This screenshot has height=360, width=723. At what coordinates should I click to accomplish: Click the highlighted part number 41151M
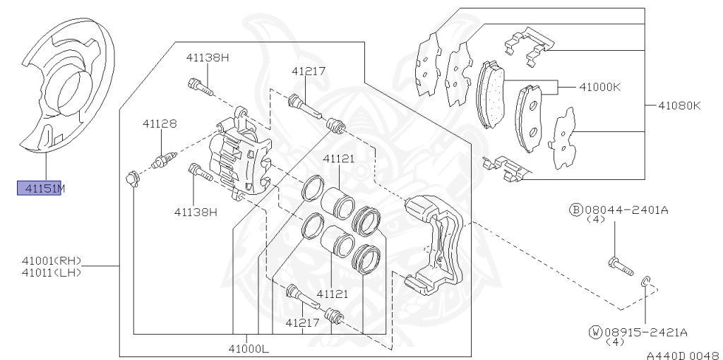(40, 188)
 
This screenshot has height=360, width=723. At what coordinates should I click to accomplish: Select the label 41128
(160, 124)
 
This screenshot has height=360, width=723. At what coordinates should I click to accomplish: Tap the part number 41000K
(599, 87)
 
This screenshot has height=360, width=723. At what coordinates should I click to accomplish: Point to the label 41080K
(679, 106)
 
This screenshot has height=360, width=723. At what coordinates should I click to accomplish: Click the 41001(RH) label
(52, 260)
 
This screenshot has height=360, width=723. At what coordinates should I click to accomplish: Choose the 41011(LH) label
(52, 272)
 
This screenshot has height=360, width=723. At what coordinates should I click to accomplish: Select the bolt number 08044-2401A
(626, 210)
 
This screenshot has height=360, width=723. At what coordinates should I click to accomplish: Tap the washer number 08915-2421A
(645, 332)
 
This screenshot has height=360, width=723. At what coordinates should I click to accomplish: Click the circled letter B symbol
(576, 210)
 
